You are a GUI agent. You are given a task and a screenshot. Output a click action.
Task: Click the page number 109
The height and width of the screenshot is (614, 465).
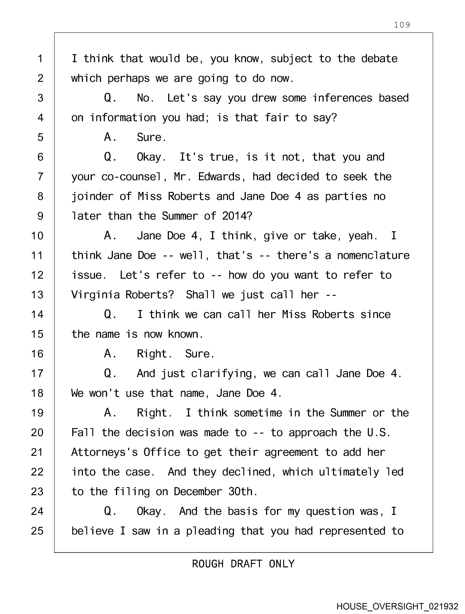point(402,25)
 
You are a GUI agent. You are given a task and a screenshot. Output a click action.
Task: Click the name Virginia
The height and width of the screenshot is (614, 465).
point(95,295)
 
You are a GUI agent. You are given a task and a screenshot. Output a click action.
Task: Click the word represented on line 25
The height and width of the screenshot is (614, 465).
point(352,531)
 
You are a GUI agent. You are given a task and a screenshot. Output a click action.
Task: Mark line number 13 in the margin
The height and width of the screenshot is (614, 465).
point(37,295)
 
